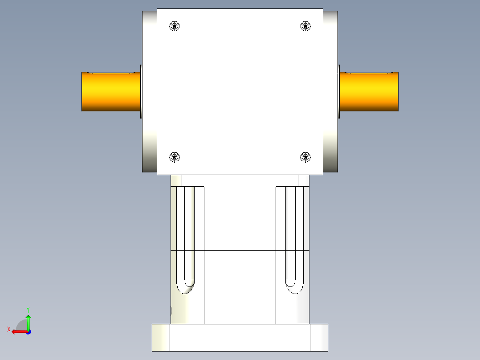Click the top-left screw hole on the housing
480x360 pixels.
[175, 26]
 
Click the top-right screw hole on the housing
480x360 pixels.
[305, 26]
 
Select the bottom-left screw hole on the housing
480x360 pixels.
[175, 157]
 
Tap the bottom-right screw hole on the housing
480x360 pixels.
[305, 157]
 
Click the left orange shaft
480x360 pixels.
[111, 92]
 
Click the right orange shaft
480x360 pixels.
[369, 92]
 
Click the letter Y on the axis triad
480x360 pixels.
[28, 309]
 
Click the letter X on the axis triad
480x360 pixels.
[8, 329]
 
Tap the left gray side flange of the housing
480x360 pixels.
[150, 91]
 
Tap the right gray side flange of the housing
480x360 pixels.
[330, 91]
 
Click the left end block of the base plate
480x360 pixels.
[161, 337]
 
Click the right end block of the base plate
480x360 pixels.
[319, 337]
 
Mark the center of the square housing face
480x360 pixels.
[240, 91]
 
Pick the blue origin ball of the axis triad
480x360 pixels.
[28, 332]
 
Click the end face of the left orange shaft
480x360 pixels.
[82, 92]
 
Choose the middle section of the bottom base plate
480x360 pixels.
[240, 337]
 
